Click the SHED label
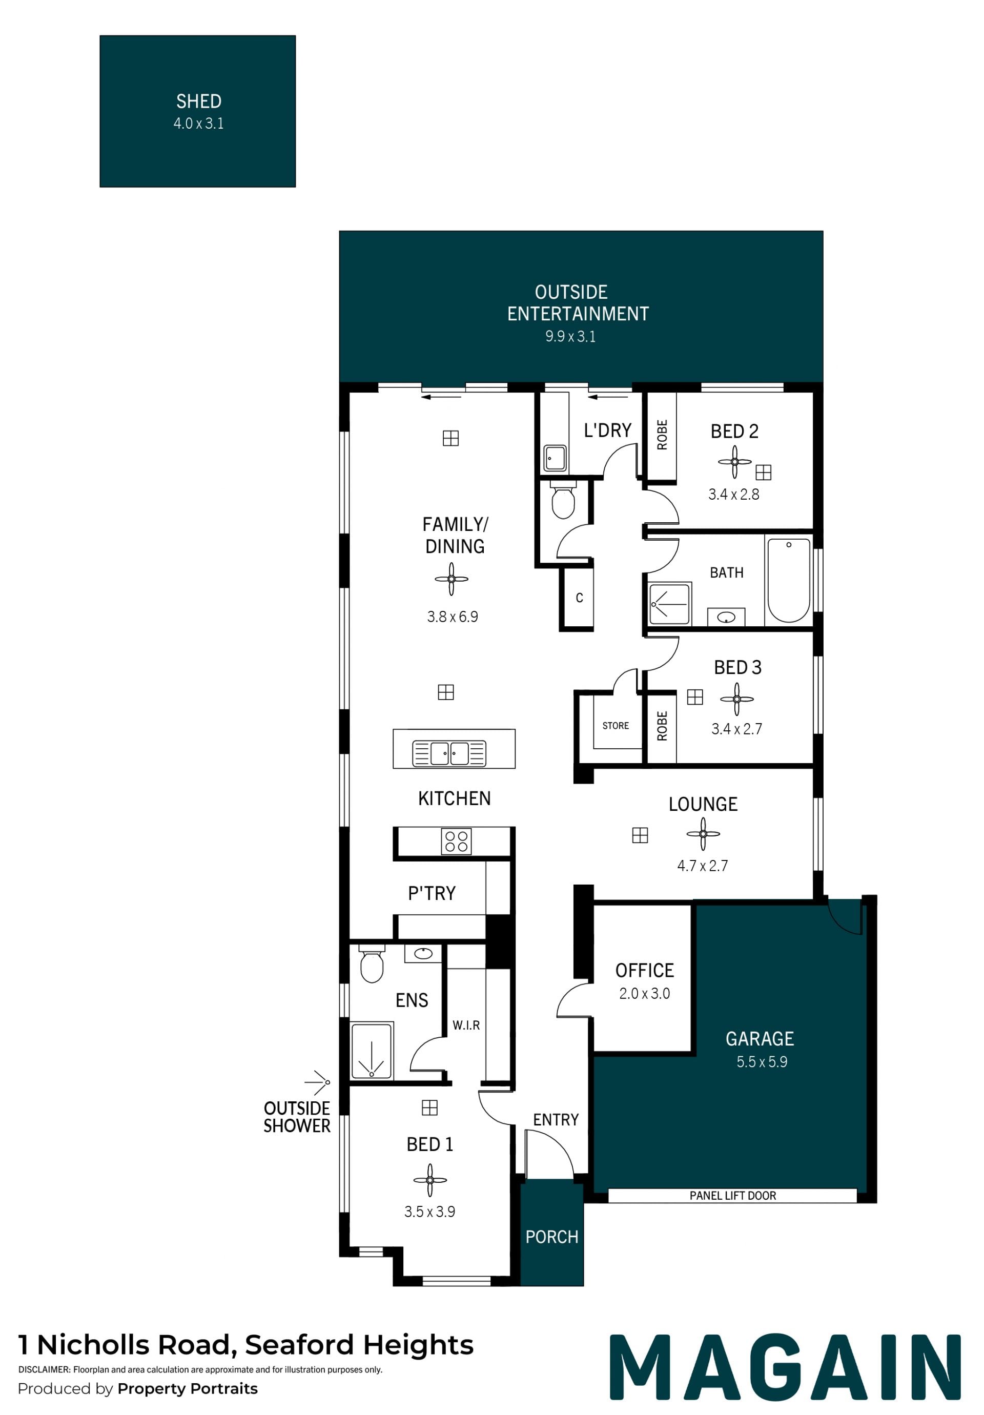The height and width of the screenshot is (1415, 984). pyautogui.click(x=198, y=101)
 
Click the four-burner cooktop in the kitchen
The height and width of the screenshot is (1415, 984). pyautogui.click(x=456, y=841)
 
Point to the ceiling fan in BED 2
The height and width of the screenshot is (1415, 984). pyautogui.click(x=734, y=462)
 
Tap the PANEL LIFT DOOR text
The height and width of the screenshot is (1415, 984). pyautogui.click(x=732, y=1196)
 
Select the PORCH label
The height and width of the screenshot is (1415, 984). pyautogui.click(x=551, y=1237)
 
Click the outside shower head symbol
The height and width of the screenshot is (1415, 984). pyautogui.click(x=318, y=1082)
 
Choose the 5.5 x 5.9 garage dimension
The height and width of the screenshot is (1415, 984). pyautogui.click(x=762, y=1062)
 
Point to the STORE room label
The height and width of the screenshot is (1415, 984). pyautogui.click(x=616, y=726)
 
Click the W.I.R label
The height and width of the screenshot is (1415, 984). pyautogui.click(x=466, y=1026)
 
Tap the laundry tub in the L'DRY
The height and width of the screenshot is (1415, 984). pyautogui.click(x=555, y=458)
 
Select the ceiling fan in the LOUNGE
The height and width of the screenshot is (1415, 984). pyautogui.click(x=703, y=834)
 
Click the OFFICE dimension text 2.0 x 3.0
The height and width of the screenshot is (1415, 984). pyautogui.click(x=645, y=993)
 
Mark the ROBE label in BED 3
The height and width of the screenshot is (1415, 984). pyautogui.click(x=662, y=726)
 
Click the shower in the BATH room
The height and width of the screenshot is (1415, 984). pyautogui.click(x=670, y=603)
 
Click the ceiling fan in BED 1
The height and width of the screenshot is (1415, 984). pyautogui.click(x=430, y=1180)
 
